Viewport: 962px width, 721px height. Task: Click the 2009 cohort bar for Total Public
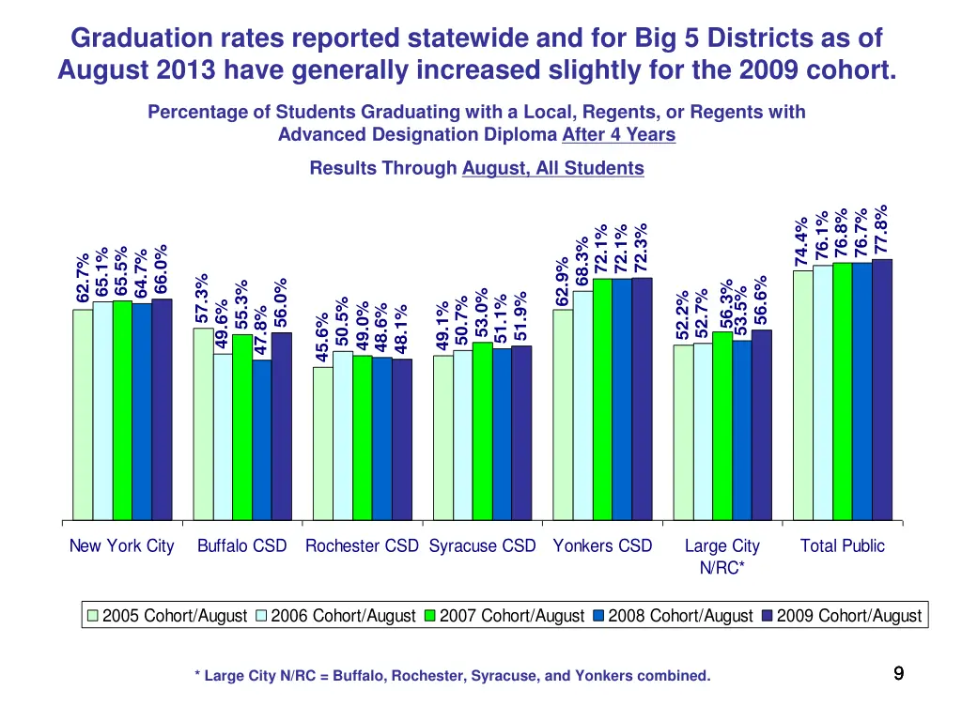click(882, 390)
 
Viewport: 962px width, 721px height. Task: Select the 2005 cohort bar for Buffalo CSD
click(203, 423)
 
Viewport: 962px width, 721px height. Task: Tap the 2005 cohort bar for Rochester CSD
click(322, 443)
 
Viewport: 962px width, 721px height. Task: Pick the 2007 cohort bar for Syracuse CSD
click(482, 431)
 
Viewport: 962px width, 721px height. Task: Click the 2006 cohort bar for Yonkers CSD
click(582, 406)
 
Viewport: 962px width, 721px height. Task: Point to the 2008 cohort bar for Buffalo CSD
click(261, 439)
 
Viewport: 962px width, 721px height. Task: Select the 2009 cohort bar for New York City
click(162, 409)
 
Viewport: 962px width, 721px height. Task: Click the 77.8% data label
click(881, 228)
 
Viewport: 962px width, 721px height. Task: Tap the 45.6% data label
click(322, 336)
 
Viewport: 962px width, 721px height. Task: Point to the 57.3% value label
click(202, 298)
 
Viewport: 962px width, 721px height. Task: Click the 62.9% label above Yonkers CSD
click(562, 281)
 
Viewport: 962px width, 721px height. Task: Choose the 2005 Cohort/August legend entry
click(166, 616)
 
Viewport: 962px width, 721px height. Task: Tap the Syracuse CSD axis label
click(482, 545)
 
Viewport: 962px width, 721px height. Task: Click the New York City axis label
click(122, 545)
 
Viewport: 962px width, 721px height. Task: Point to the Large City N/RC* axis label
click(721, 556)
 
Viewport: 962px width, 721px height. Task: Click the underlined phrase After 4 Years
click(618, 134)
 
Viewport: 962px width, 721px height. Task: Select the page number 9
click(898, 672)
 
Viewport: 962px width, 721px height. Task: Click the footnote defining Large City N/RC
click(452, 676)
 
